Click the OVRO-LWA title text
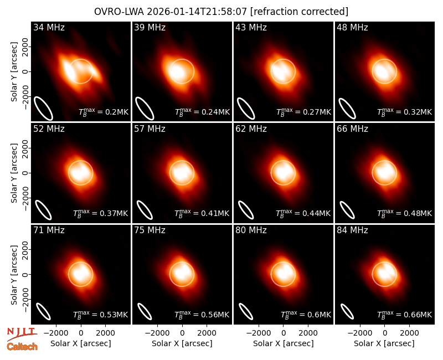tap(221, 12)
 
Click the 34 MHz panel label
tap(49, 27)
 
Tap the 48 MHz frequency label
tap(352, 27)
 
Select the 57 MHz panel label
tap(150, 129)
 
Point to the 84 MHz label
tap(352, 230)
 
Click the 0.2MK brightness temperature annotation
tap(104, 112)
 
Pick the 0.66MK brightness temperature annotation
tap(405, 315)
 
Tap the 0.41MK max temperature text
tap(202, 213)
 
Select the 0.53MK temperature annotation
tap(101, 315)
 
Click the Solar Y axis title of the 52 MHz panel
tap(14, 173)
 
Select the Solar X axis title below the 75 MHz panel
tap(182, 343)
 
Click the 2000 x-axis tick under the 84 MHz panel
tap(409, 333)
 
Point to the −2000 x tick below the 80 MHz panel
tap(258, 333)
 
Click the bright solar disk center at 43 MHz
tap(283, 71)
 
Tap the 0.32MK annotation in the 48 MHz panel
tap(405, 112)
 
